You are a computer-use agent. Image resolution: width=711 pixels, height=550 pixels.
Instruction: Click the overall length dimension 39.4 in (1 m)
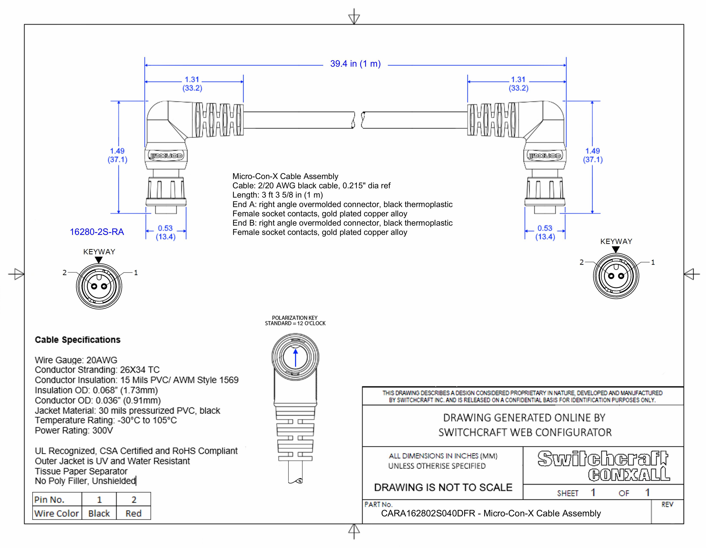coord(355,64)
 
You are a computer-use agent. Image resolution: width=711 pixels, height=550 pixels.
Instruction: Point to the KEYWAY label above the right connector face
coord(616,241)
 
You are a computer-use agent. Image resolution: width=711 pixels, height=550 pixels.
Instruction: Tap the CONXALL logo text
coord(629,475)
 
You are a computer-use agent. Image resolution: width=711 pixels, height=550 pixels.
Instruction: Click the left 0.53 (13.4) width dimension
coord(165,232)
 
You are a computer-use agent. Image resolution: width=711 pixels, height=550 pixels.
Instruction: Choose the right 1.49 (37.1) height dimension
coord(592,155)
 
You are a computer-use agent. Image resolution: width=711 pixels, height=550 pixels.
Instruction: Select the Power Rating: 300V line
coord(74,431)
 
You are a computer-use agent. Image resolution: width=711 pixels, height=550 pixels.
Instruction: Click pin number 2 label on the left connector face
coord(64,272)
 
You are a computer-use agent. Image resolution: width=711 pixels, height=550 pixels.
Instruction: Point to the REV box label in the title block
coord(667,504)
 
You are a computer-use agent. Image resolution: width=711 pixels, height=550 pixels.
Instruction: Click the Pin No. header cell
coord(50,500)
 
